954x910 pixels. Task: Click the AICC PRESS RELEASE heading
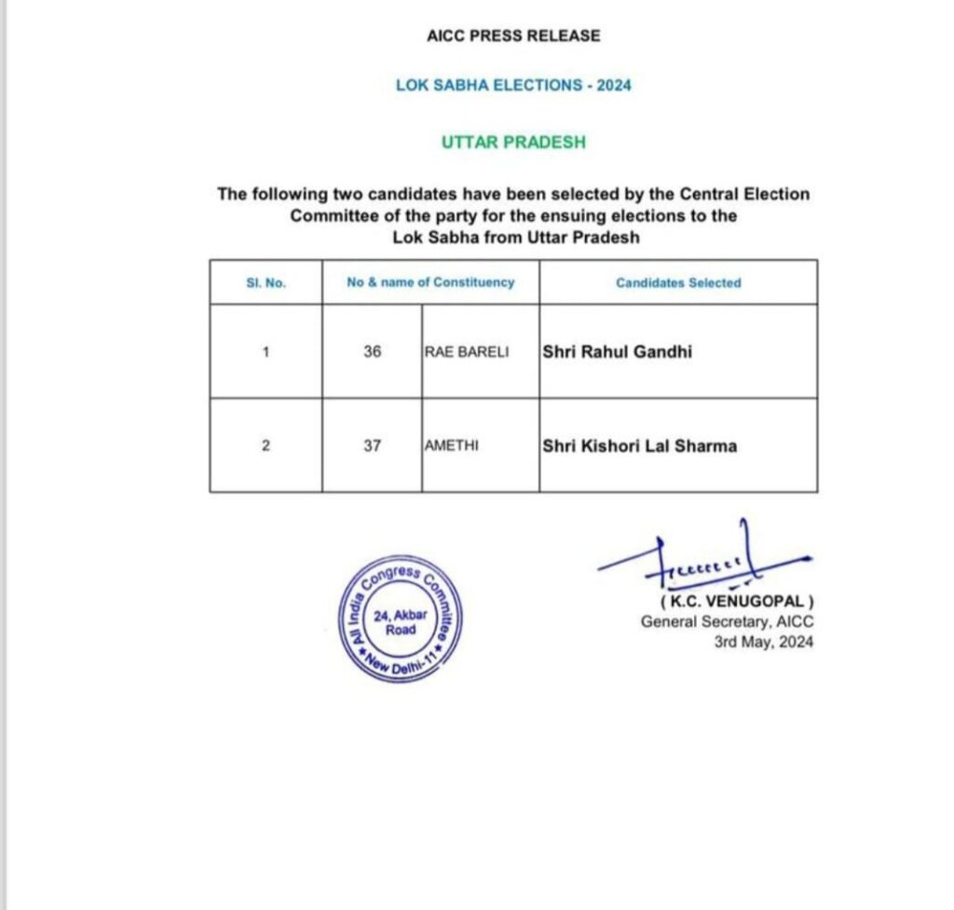pos(513,35)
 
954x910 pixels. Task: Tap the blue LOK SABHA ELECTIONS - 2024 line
pos(513,85)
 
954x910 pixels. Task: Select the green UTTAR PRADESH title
pos(513,143)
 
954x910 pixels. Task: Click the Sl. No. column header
pos(266,282)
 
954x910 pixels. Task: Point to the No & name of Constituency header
pos(430,281)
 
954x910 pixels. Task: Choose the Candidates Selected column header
pos(678,282)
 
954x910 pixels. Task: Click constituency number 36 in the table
pos(373,352)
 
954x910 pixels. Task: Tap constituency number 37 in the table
pos(373,445)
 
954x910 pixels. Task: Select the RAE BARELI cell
pos(467,352)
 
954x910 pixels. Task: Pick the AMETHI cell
pos(451,445)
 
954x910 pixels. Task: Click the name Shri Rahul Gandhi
pos(617,352)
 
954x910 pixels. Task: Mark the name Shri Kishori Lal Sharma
pos(639,445)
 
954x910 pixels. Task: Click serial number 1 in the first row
pos(266,352)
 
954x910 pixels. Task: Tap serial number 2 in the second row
pos(266,445)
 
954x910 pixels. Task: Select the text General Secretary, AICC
pos(726,621)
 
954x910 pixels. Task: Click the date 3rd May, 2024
pos(763,642)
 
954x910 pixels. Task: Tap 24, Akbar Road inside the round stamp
pos(401,622)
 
